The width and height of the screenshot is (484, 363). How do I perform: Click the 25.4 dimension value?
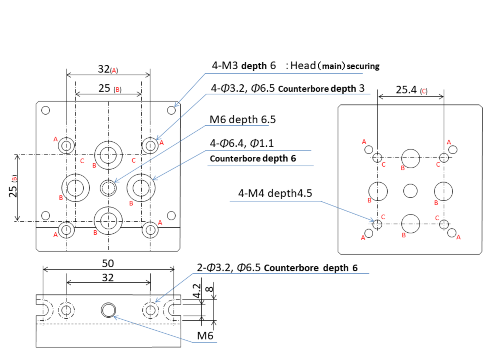406,90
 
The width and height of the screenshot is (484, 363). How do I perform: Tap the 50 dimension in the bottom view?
108,263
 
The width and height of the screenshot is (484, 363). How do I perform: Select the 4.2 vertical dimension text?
197,291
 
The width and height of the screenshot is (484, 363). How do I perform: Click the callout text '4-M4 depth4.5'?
275,193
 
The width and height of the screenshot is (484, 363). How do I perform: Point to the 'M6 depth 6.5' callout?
243,119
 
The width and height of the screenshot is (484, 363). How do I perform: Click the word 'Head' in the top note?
303,66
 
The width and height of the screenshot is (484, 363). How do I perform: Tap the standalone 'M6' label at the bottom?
205,336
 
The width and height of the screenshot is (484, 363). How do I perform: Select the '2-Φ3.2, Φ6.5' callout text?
228,268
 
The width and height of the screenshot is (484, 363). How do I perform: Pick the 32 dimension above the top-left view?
104,69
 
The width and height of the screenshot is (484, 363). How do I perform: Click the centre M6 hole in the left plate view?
108,188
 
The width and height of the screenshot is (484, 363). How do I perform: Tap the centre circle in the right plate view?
410,191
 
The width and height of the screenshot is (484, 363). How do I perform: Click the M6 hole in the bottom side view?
108,310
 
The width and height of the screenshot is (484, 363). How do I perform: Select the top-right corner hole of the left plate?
171,110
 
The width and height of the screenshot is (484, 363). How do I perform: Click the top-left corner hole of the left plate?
46,110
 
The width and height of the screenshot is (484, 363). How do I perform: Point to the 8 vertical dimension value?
209,289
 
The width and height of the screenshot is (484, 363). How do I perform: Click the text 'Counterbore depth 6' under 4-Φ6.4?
253,159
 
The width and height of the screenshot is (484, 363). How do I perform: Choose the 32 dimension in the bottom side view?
108,278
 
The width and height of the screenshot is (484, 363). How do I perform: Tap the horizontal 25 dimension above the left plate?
104,88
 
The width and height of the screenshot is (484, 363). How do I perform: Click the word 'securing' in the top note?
363,66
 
